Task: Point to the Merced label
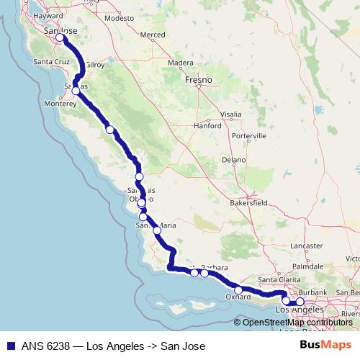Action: [153, 35]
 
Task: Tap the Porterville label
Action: [249, 135]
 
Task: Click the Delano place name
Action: [234, 160]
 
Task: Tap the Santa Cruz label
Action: [50, 62]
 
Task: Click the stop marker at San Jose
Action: [60, 37]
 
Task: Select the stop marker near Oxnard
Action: [238, 290]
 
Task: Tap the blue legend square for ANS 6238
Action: [7, 346]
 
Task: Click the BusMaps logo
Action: [325, 346]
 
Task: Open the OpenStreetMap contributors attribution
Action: [297, 323]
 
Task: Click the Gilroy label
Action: [95, 65]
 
